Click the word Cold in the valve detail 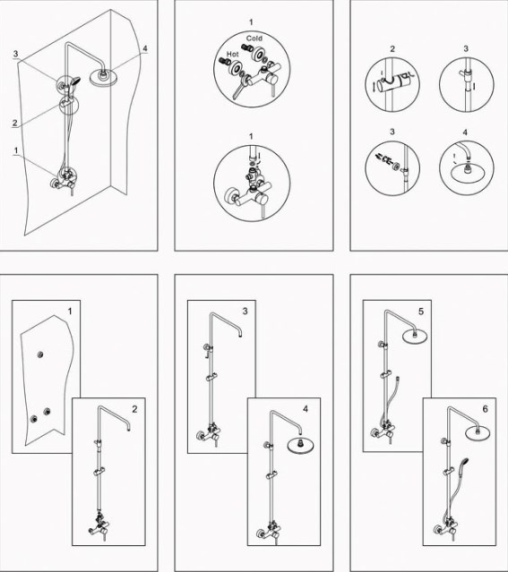(254, 38)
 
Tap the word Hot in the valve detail (232, 54)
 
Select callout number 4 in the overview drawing (145, 48)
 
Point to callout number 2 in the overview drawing (15, 123)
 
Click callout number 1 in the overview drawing (16, 150)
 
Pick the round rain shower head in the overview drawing (103, 77)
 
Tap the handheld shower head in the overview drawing (74, 81)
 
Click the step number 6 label (485, 409)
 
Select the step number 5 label (421, 312)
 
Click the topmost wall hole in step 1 (40, 354)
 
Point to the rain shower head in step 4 (300, 445)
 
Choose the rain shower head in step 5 (414, 336)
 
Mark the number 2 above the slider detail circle (392, 49)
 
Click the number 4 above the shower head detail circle (465, 132)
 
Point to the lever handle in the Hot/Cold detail (240, 90)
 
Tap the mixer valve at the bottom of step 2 (99, 525)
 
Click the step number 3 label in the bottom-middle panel (245, 311)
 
